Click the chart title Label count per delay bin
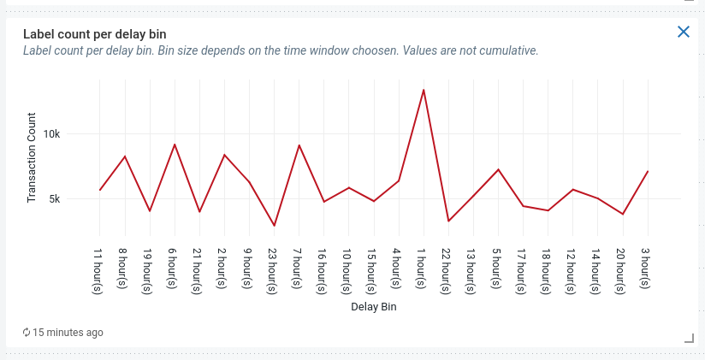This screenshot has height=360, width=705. pyautogui.click(x=94, y=34)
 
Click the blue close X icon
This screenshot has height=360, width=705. pyautogui.click(x=684, y=32)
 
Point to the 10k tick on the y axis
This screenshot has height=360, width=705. pyautogui.click(x=75, y=134)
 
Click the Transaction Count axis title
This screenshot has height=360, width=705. pyautogui.click(x=33, y=157)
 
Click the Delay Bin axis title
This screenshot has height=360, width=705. pyautogui.click(x=374, y=306)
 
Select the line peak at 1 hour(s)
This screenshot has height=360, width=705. pyautogui.click(x=424, y=90)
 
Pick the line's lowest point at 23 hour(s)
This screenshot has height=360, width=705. pyautogui.click(x=274, y=226)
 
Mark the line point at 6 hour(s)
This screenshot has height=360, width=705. pyautogui.click(x=175, y=145)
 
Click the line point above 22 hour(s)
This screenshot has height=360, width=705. pyautogui.click(x=448, y=221)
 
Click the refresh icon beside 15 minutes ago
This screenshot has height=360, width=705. pyautogui.click(x=27, y=332)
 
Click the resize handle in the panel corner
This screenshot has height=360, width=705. pyautogui.click(x=689, y=339)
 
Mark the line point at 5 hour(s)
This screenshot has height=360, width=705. pyautogui.click(x=498, y=169)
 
